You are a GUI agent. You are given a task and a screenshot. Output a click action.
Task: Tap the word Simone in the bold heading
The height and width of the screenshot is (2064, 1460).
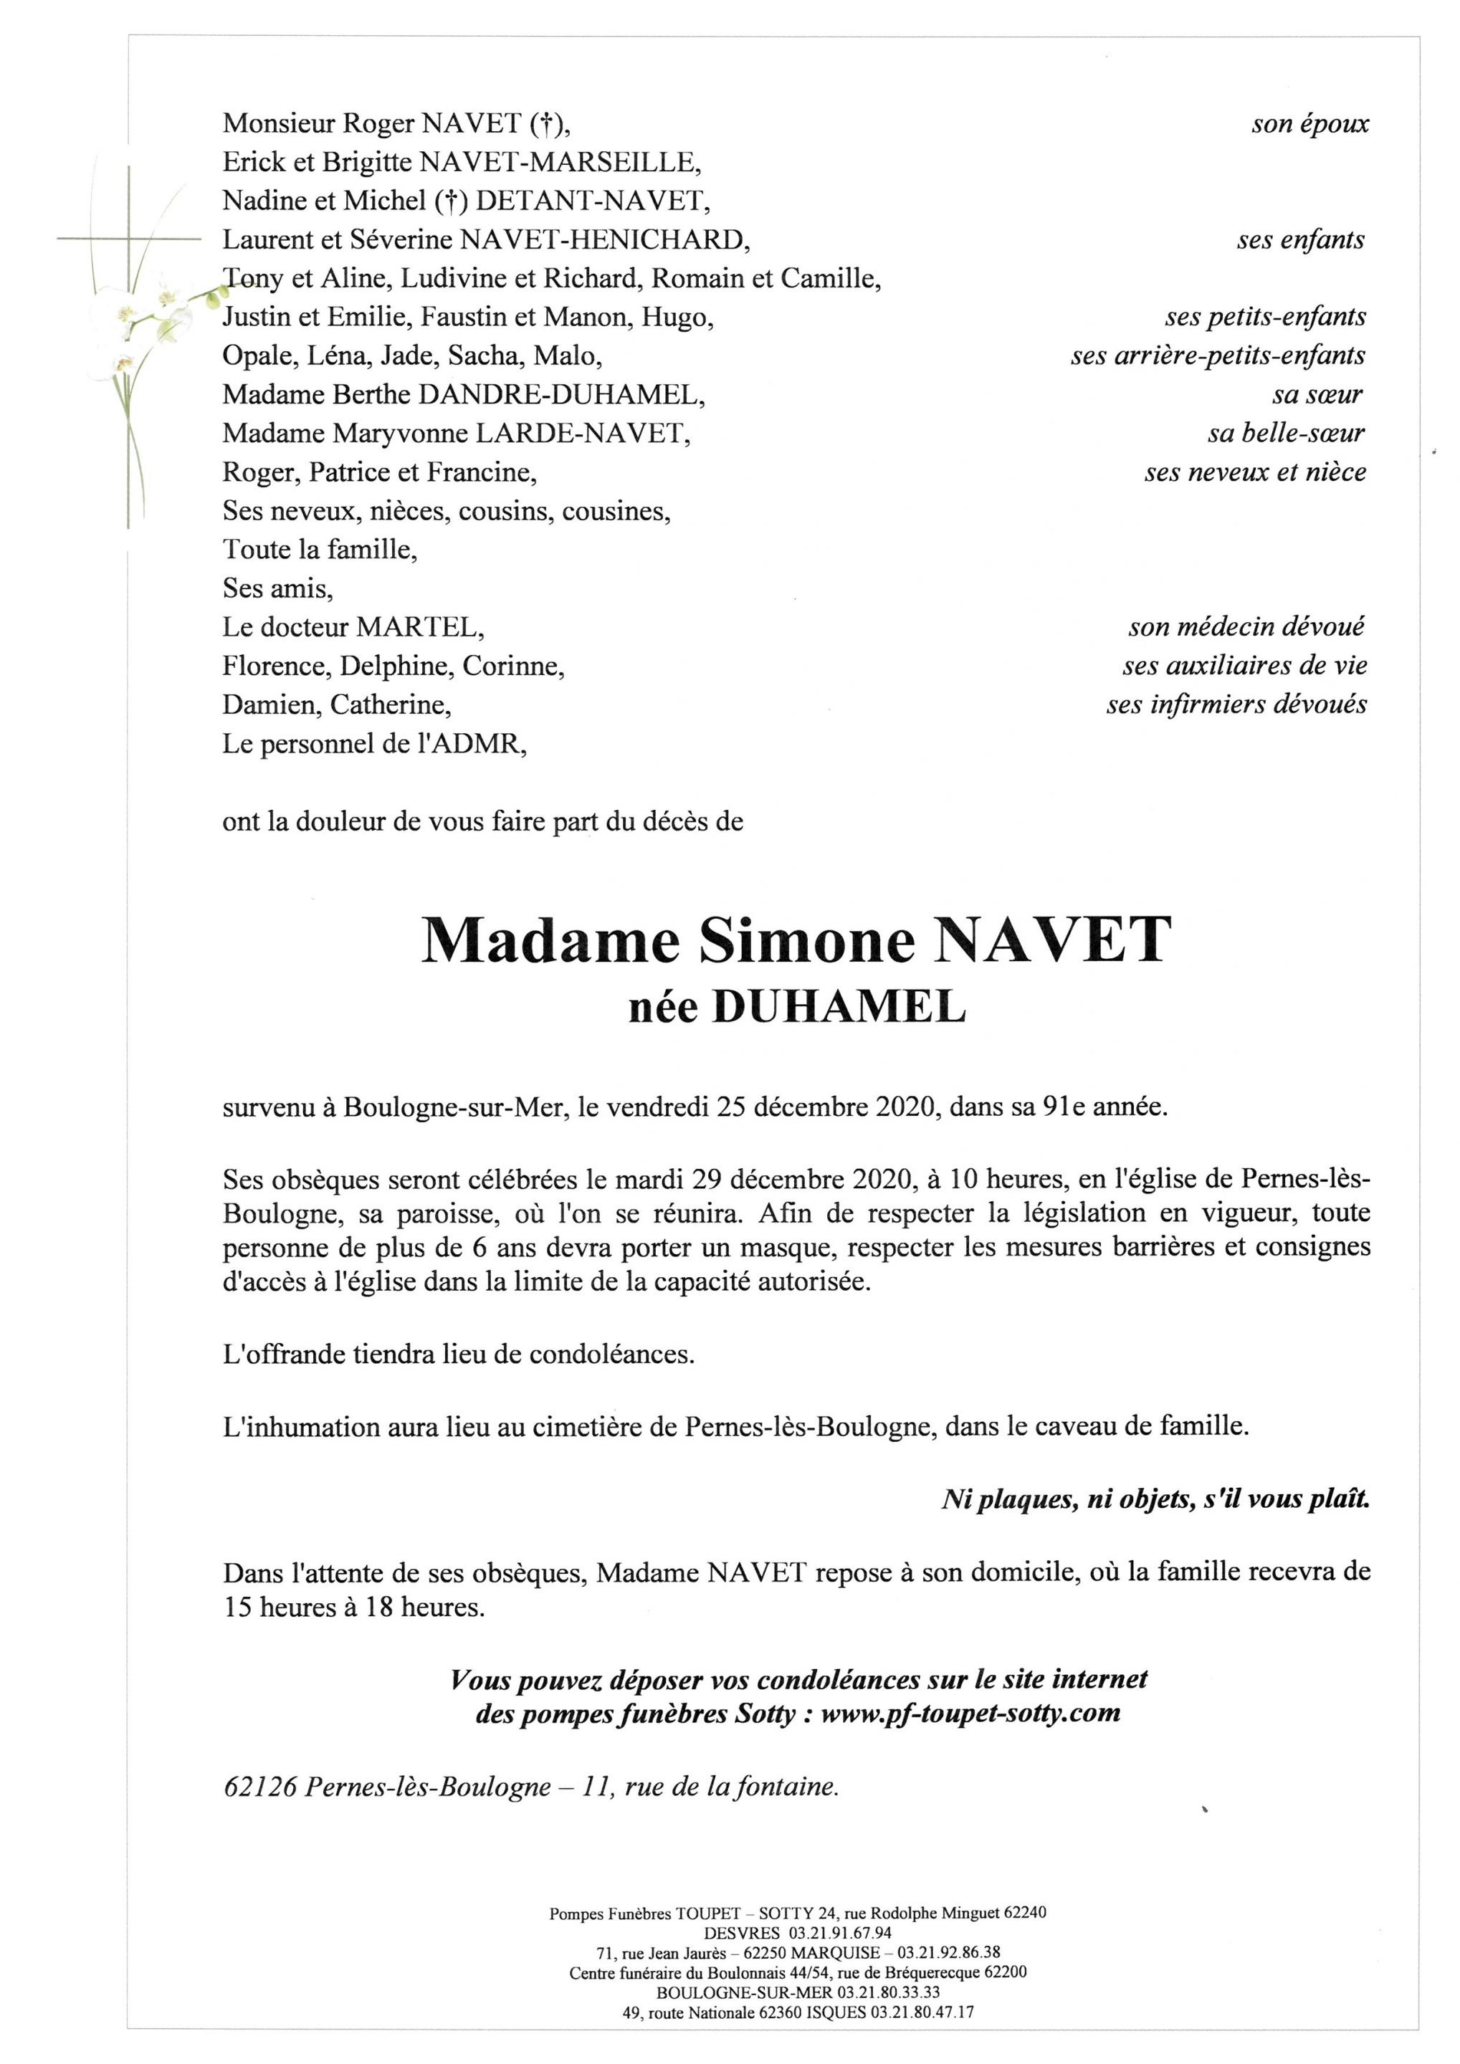pyautogui.click(x=805, y=940)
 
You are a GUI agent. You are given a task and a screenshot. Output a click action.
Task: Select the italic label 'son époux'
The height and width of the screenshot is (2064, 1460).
pyautogui.click(x=1310, y=124)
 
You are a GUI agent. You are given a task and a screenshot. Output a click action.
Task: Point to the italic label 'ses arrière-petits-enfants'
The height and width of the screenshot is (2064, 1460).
pyautogui.click(x=1217, y=356)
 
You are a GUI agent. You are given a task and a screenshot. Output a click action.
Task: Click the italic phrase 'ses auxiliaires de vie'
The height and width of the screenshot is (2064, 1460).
pyautogui.click(x=1244, y=666)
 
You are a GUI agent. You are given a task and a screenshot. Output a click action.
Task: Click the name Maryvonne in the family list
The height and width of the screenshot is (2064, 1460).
pyautogui.click(x=401, y=434)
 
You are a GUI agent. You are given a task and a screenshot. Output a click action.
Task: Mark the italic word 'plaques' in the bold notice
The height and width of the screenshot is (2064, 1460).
pyautogui.click(x=1028, y=1499)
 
